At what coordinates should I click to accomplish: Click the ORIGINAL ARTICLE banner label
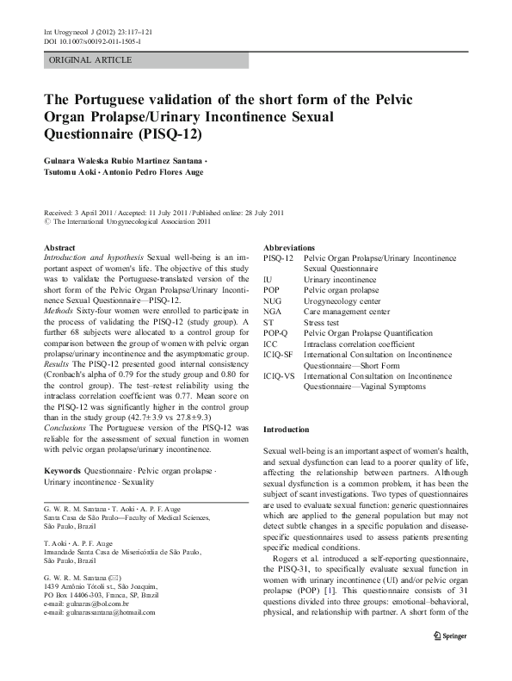coord(90,60)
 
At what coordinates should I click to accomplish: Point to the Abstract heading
coord(59,247)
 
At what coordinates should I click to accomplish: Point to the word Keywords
coord(62,473)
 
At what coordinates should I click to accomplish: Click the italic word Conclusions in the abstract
coord(70,427)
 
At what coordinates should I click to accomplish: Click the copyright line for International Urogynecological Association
coord(130,221)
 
